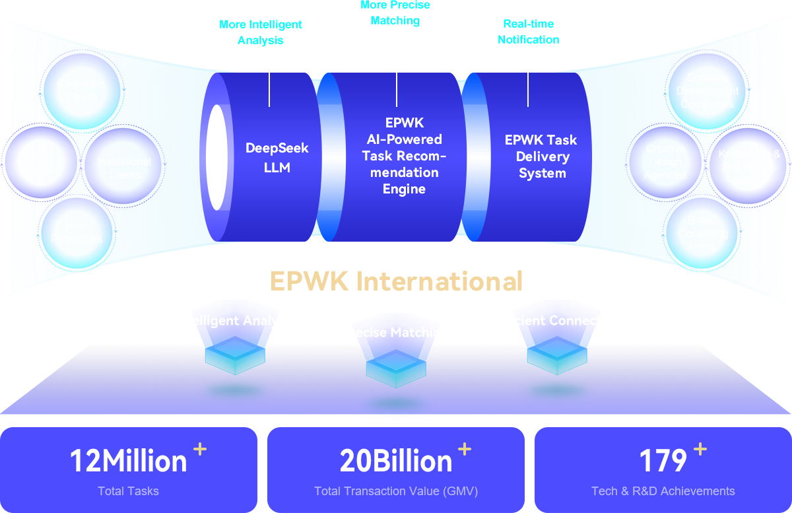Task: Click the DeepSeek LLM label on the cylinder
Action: coord(277,158)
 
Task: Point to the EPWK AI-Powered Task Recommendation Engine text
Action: coord(404,156)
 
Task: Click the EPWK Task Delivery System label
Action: coord(541,156)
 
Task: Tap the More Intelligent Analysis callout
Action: coord(260,32)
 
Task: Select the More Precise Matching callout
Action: coord(395,13)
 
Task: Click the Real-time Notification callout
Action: coord(528,32)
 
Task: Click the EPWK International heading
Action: coord(396,281)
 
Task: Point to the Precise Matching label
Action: coord(395,332)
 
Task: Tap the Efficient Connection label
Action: coord(557,320)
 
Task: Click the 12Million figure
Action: coord(128,461)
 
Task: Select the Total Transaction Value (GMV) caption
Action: coord(396,491)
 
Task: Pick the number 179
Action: coord(663,461)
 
